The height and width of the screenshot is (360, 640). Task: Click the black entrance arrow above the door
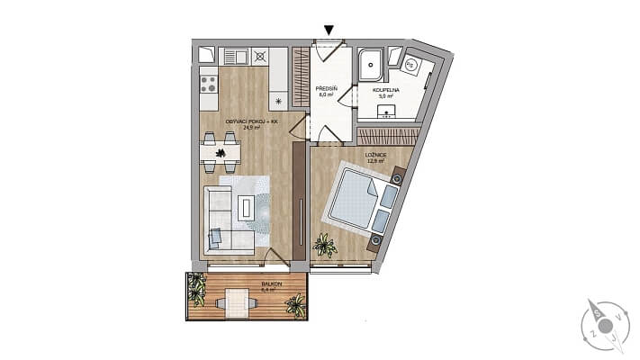330,31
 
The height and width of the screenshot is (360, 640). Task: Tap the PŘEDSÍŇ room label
326,87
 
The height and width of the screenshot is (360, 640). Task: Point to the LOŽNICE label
376,155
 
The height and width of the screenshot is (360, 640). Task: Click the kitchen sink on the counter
236,57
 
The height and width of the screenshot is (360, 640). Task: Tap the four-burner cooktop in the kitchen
208,84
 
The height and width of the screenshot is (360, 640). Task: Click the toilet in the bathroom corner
410,65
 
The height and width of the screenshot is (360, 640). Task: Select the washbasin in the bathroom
387,112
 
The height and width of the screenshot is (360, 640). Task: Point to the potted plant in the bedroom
322,243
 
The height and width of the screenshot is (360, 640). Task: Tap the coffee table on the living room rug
246,208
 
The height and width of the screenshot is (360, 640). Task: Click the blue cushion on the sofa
216,237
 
